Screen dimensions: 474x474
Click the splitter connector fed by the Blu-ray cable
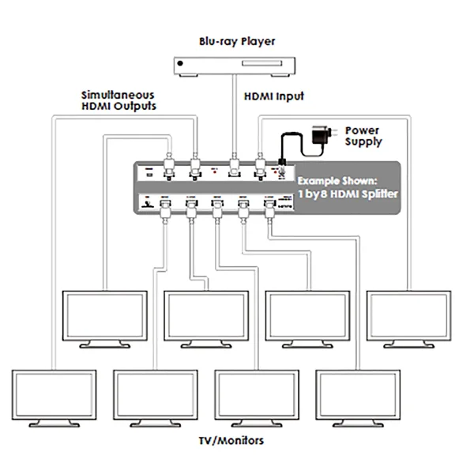pyautogui.click(x=234, y=168)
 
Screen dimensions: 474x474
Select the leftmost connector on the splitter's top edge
pyautogui.click(x=168, y=168)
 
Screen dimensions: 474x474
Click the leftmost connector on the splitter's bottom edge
pyautogui.click(x=164, y=208)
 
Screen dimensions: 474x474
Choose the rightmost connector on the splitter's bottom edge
pyautogui.click(x=268, y=208)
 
